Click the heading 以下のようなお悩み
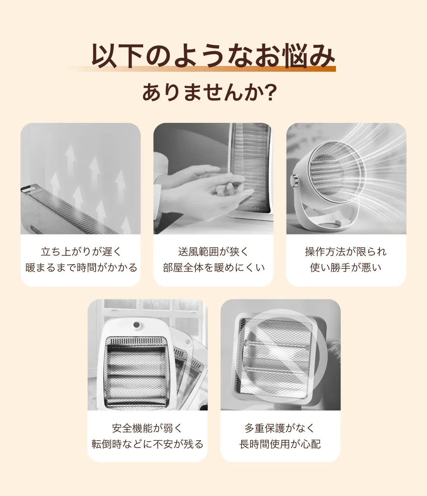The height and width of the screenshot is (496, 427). pos(213,56)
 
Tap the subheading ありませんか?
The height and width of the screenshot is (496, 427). pos(209,93)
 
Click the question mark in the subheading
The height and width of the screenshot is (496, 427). pos(270,93)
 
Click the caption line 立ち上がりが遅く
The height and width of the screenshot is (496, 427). pos(80,251)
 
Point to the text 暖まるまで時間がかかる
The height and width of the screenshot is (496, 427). pos(80,268)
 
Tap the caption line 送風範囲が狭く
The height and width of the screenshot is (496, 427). pos(213,251)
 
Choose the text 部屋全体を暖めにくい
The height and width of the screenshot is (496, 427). pos(213,268)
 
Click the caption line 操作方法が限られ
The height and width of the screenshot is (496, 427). pos(346,251)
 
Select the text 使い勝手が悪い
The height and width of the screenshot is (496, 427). pos(346,268)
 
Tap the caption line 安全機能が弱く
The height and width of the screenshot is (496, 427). pos(147,428)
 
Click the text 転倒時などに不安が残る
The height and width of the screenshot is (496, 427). pos(147,444)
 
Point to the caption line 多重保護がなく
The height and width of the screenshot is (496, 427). pos(280,428)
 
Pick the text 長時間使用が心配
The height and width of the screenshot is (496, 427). pos(280,444)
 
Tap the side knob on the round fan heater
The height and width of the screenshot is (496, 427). pos(294,181)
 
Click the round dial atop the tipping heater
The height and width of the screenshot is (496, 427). pos(136,325)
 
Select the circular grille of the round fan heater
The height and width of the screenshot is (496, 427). pos(334,171)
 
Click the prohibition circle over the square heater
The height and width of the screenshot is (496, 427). pos(281,356)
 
